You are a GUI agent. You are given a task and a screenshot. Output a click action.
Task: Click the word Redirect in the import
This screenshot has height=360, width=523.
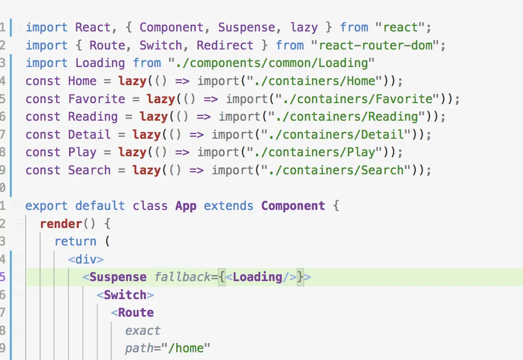(x=225, y=45)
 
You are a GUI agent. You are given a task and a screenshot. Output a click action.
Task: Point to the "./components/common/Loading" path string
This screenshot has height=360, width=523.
(x=271, y=63)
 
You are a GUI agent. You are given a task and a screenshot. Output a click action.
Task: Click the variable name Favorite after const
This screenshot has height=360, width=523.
(x=96, y=99)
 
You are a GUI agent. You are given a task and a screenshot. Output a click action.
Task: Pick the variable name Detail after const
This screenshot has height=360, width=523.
(x=89, y=135)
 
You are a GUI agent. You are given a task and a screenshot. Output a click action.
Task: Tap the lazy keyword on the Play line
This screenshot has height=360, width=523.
(x=132, y=152)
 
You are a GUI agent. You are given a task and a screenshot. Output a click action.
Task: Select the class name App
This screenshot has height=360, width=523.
(x=185, y=206)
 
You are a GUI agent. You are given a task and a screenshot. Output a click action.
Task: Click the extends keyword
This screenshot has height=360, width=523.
(x=228, y=206)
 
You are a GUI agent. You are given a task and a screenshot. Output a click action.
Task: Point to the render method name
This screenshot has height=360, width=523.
(x=61, y=224)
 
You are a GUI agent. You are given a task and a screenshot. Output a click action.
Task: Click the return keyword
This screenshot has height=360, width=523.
(x=75, y=241)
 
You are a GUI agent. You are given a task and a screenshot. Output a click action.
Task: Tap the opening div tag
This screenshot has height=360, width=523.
(x=86, y=259)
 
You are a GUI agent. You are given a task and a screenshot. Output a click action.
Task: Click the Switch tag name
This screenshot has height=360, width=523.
(x=125, y=295)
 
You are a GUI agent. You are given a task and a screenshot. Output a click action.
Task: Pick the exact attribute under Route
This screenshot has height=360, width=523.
(x=143, y=331)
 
